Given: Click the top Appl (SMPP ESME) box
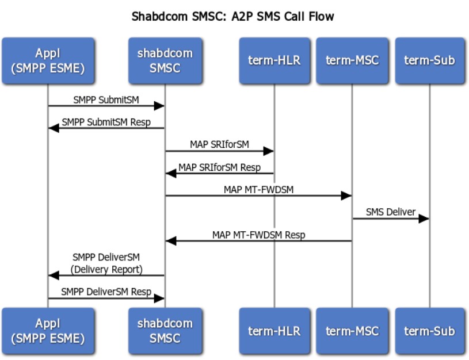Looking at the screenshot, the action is pos(48,61).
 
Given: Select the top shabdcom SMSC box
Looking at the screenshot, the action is pos(165,61).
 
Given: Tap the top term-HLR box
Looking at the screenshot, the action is pos(274,61).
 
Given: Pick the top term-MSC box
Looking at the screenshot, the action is pos(352,61).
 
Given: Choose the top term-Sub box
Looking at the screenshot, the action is pos(430,61).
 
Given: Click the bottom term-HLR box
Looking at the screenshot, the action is pos(274,331).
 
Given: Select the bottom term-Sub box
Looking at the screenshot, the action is pos(430,331).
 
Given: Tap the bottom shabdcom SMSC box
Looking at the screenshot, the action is pos(165,331).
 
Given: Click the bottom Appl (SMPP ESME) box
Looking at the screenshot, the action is pos(48,331).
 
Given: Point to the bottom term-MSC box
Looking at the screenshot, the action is pos(352,331).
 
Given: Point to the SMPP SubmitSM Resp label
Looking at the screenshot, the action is pos(106,122).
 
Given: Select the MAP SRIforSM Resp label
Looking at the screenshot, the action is pos(220,167).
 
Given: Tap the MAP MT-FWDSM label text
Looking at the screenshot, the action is pos(259,190).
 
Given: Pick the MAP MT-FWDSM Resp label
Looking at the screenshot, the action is pos(259,235).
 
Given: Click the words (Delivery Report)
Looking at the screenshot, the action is pos(106,269).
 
